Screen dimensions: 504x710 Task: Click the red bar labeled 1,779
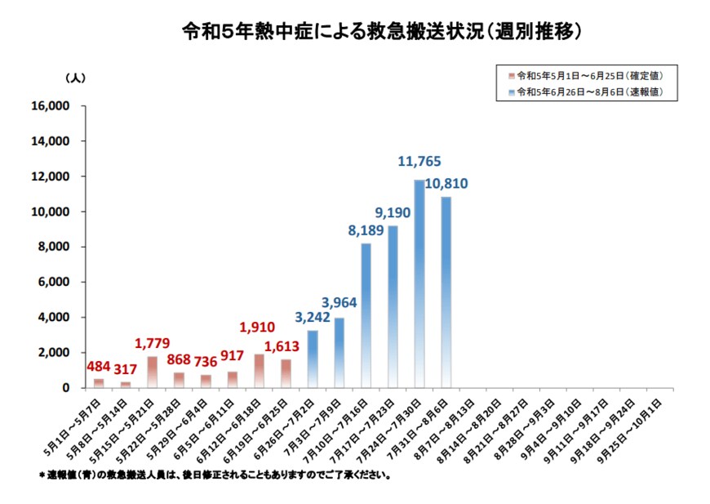153,372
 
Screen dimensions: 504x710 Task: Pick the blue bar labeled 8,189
366,315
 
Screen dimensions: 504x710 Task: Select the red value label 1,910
260,329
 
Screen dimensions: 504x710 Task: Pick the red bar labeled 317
126,384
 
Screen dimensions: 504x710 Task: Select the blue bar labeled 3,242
313,359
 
